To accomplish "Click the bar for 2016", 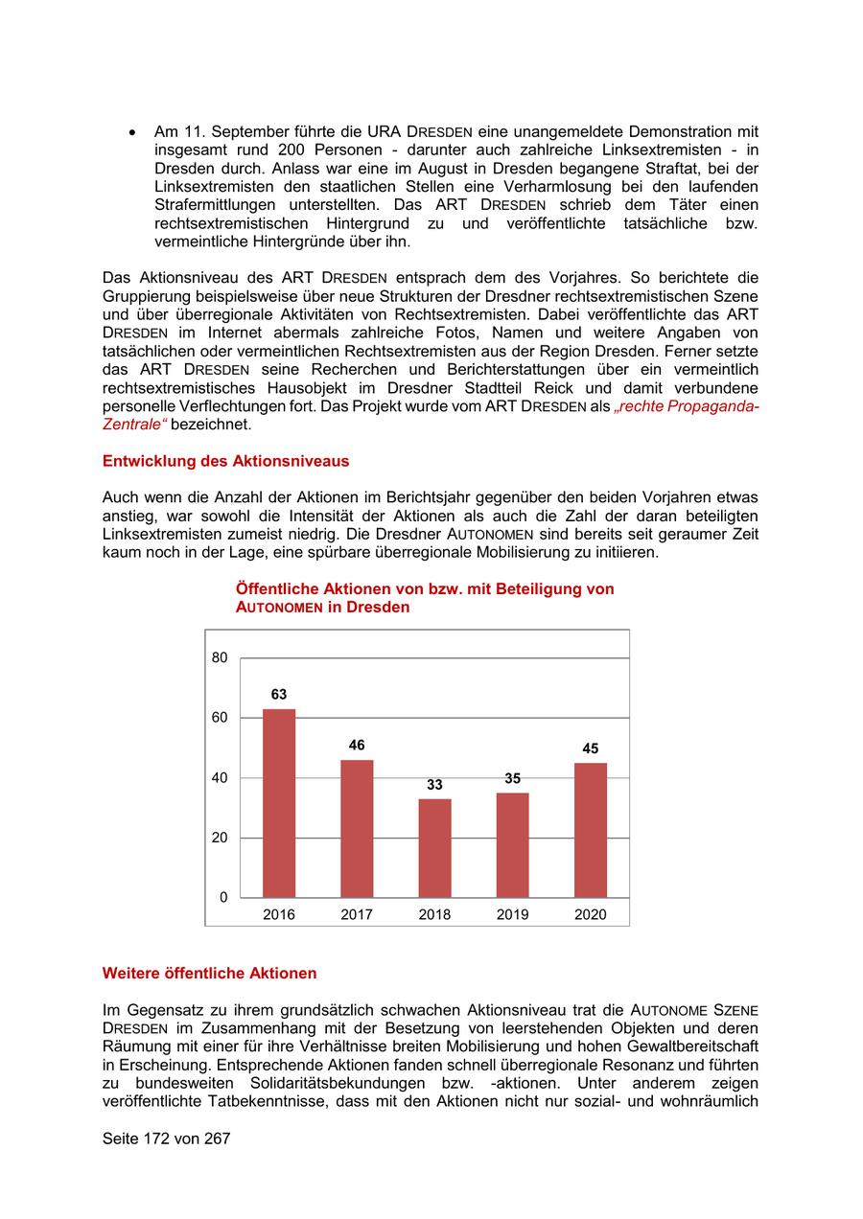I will [279, 803].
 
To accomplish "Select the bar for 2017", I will [357, 828].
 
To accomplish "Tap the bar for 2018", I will [434, 848].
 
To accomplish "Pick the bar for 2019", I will [512, 845].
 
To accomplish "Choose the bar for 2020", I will [591, 830].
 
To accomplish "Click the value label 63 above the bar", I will [279, 695].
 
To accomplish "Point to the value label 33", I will [434, 785].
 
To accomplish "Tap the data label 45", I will [591, 748].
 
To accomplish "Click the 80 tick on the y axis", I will [220, 657].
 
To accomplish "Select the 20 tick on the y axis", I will [220, 838].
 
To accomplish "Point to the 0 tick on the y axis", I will [223, 898].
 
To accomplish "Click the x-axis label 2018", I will [434, 915].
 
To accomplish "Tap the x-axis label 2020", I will [591, 915].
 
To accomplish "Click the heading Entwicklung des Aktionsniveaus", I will [225, 461].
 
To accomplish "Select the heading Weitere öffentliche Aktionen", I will [209, 974].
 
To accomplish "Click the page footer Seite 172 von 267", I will [166, 1139].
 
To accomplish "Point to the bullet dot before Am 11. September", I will [133, 132].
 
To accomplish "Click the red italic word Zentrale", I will [131, 425].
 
